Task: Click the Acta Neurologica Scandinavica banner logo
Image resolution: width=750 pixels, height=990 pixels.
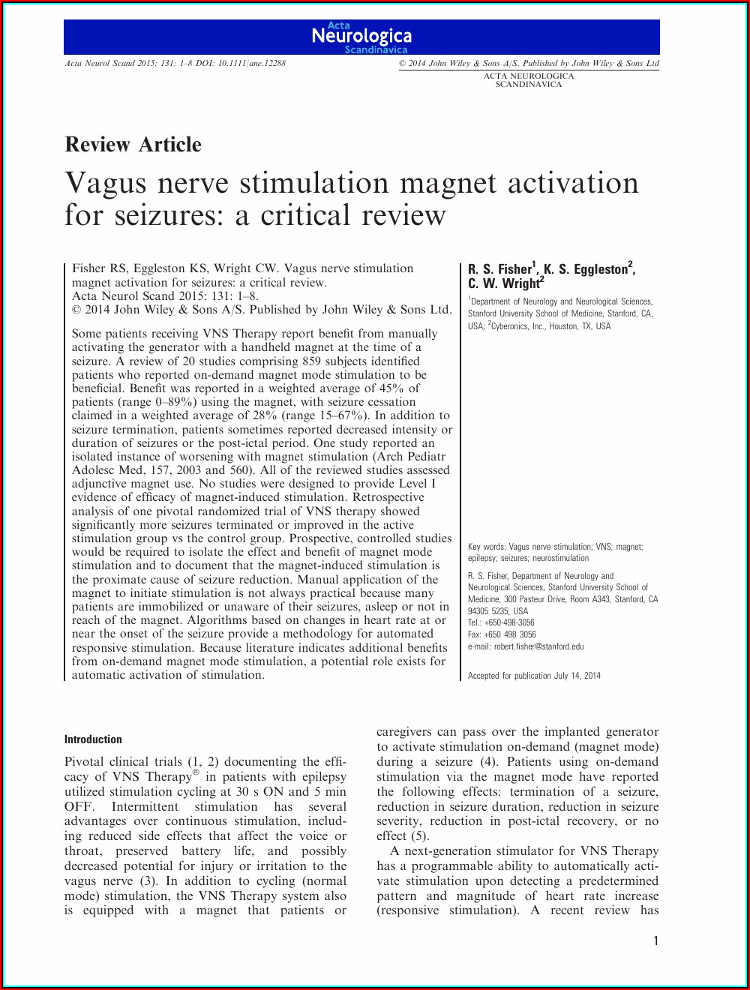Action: pyautogui.click(x=361, y=37)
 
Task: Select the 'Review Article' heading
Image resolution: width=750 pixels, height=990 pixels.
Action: pyautogui.click(x=133, y=145)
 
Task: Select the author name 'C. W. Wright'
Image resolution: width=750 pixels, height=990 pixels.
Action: pyautogui.click(x=505, y=283)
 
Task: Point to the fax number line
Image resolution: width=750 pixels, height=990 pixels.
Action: pyautogui.click(x=502, y=634)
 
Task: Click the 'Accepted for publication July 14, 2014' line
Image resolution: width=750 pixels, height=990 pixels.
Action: pyautogui.click(x=534, y=676)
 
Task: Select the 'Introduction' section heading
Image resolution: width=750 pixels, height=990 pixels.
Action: pyautogui.click(x=93, y=739)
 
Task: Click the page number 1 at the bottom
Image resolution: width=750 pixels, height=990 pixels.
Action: pyautogui.click(x=655, y=941)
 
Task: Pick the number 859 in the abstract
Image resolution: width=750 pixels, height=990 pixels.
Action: pyautogui.click(x=312, y=361)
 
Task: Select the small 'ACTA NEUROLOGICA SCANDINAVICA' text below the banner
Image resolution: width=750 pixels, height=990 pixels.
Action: pyautogui.click(x=529, y=80)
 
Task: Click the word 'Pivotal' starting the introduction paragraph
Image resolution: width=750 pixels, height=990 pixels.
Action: pyautogui.click(x=85, y=762)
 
